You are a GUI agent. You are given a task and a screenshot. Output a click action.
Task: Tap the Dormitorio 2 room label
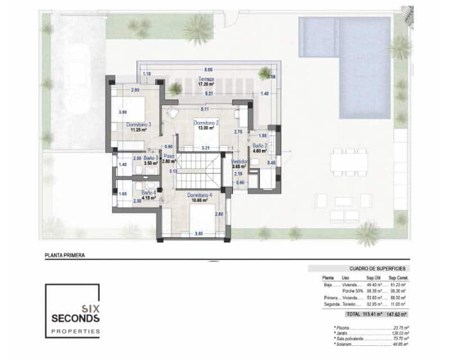click(x=205, y=122)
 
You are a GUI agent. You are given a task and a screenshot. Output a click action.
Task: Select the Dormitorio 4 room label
click(x=200, y=195)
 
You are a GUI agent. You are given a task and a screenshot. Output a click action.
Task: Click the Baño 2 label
click(x=259, y=145)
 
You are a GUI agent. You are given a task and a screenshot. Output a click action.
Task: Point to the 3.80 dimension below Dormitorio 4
click(x=198, y=233)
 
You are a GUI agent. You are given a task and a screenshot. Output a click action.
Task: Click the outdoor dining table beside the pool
click(x=348, y=162)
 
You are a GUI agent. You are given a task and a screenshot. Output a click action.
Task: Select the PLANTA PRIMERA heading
click(x=65, y=255)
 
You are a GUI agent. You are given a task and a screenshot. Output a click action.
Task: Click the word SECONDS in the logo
click(x=75, y=318)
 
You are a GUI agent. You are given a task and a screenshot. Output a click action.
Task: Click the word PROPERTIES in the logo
click(x=75, y=331)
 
